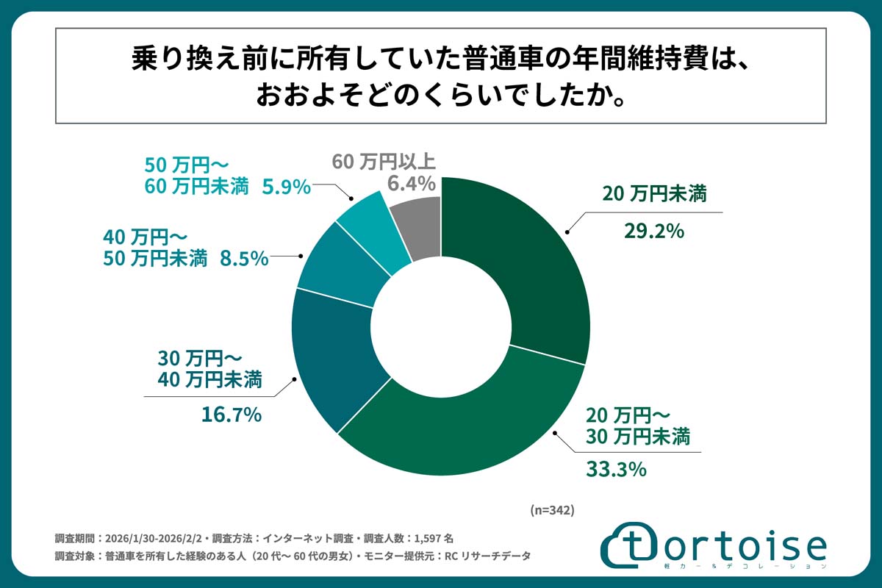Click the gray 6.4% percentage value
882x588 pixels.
pyautogui.click(x=409, y=182)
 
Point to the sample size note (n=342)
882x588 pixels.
pyautogui.click(x=551, y=509)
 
